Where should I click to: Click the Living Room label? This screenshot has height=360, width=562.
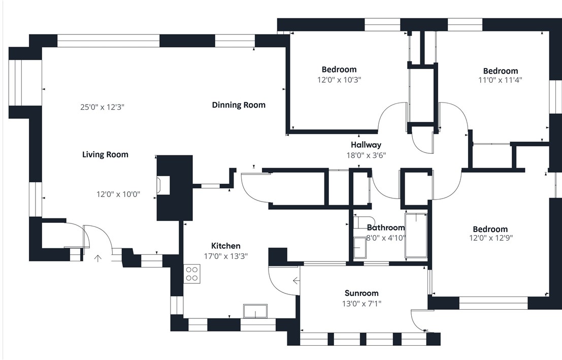pyautogui.click(x=105, y=154)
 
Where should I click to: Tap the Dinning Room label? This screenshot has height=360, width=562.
pyautogui.click(x=239, y=105)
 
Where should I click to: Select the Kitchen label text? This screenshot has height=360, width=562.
pyautogui.click(x=226, y=246)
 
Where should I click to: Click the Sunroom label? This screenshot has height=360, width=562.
pyautogui.click(x=361, y=293)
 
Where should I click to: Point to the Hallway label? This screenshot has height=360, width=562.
pyautogui.click(x=366, y=145)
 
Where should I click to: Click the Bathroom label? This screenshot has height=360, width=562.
pyautogui.click(x=386, y=227)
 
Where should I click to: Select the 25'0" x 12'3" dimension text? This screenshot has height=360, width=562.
pyautogui.click(x=102, y=107)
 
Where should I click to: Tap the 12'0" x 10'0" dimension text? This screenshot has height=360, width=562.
pyautogui.click(x=118, y=194)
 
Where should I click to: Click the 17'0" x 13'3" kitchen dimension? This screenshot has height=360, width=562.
pyautogui.click(x=226, y=256)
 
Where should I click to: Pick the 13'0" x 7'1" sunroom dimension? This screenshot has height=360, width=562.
pyautogui.click(x=361, y=304)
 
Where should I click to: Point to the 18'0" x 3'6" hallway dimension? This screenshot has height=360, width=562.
pyautogui.click(x=366, y=155)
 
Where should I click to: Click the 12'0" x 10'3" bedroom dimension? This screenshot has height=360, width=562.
pyautogui.click(x=339, y=80)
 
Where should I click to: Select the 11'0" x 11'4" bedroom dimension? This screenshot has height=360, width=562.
pyautogui.click(x=501, y=80)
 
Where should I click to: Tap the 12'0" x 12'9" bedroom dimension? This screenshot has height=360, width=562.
pyautogui.click(x=491, y=238)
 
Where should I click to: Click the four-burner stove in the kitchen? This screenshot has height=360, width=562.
pyautogui.click(x=192, y=274)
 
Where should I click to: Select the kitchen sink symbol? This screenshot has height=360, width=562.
pyautogui.click(x=255, y=311)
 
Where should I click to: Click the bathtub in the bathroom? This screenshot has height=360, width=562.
pyautogui.click(x=416, y=235)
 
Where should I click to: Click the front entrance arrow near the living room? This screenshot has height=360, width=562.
pyautogui.click(x=97, y=258)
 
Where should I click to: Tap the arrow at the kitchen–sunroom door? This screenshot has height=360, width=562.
pyautogui.click(x=296, y=280)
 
